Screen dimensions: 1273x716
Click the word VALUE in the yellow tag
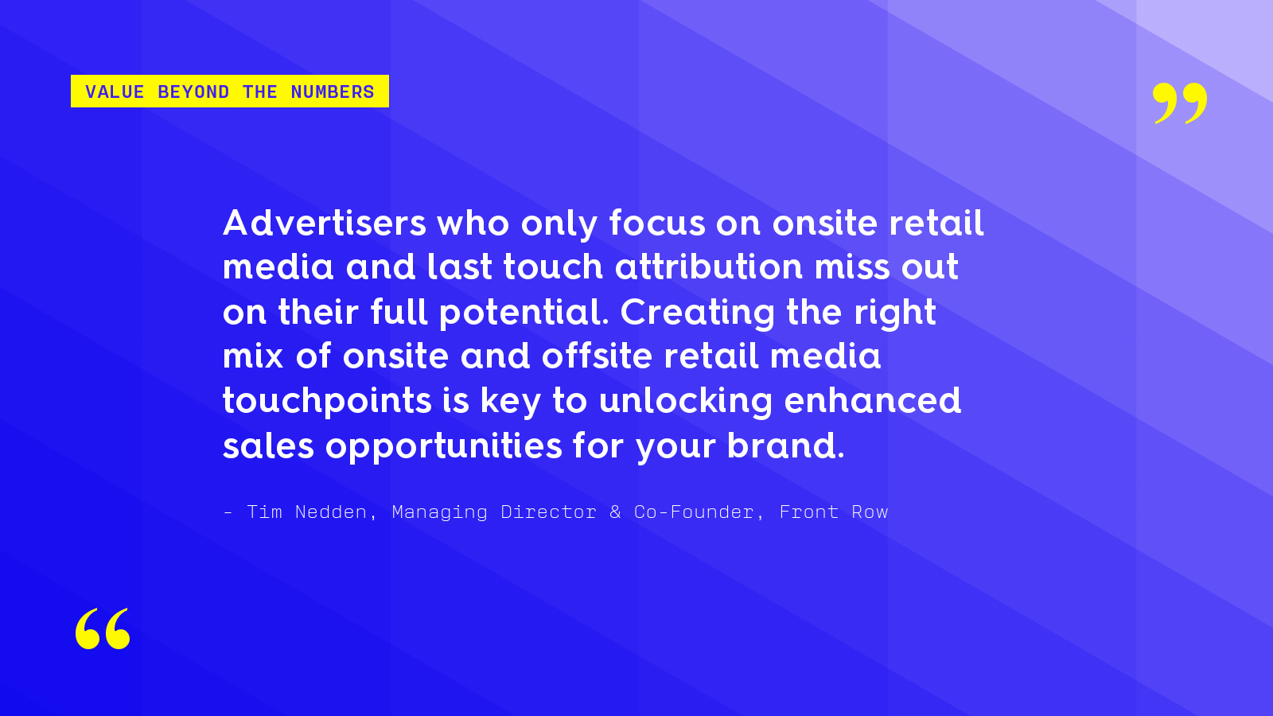pos(115,91)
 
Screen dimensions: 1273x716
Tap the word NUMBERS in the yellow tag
pos(333,91)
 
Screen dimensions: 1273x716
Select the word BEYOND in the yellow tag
pos(193,91)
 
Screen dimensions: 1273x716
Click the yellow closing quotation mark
pos(1180,103)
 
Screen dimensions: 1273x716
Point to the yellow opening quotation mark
pos(103,628)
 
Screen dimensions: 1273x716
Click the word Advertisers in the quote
pos(325,223)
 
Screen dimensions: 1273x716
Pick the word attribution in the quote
pos(709,267)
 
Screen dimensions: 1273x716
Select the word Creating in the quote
pos(697,313)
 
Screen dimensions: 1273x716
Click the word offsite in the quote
pos(597,356)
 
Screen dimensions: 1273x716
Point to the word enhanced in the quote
pos(872,401)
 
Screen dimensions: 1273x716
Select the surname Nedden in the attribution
pos(331,512)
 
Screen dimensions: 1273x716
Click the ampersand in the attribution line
pos(615,512)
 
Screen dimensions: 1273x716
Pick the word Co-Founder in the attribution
pos(694,512)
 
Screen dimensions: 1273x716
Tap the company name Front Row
pos(833,512)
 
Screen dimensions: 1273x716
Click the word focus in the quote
pos(657,223)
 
